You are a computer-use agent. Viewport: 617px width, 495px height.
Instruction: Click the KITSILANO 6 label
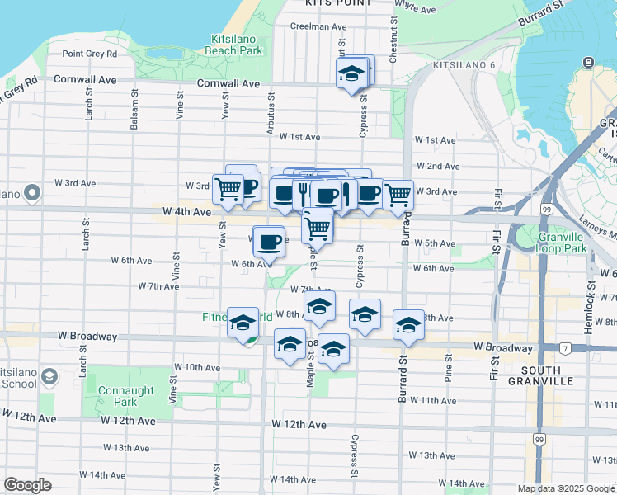[x=462, y=64]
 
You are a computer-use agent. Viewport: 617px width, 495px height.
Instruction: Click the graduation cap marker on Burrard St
[x=407, y=325]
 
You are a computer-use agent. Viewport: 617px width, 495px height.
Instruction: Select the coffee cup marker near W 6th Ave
[x=269, y=242]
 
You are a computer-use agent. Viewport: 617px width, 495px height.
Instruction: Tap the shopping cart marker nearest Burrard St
[x=398, y=194]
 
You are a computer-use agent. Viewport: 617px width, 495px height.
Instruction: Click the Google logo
[x=27, y=485]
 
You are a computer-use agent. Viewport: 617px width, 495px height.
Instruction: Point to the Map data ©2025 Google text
[x=566, y=488]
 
